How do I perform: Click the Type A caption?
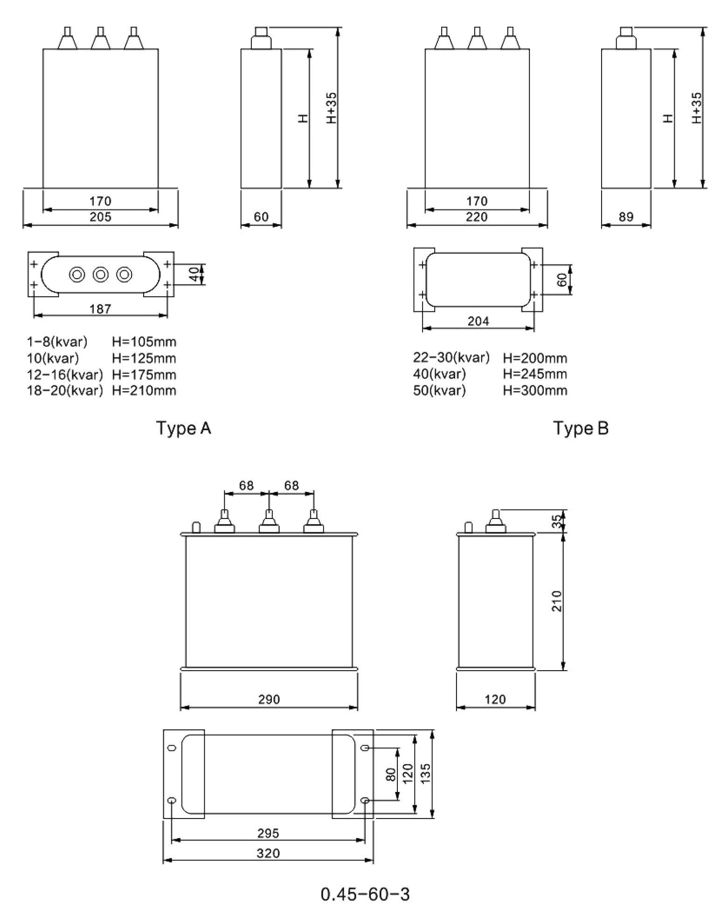183,428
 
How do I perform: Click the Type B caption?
581,428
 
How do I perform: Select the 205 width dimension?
100,217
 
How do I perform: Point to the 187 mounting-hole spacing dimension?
100,309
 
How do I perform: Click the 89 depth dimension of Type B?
626,217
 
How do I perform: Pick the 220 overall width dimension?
477,217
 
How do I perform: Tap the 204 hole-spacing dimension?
478,321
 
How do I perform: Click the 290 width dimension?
269,699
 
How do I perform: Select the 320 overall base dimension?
268,853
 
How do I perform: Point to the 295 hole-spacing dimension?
268,833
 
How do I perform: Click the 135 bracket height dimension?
425,773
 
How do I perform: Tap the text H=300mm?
535,390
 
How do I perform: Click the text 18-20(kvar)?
65,390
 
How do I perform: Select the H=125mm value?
144,358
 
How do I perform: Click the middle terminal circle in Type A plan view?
100,274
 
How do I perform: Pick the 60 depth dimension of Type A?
261,217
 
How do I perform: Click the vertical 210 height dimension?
557,601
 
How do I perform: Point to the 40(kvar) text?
439,374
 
